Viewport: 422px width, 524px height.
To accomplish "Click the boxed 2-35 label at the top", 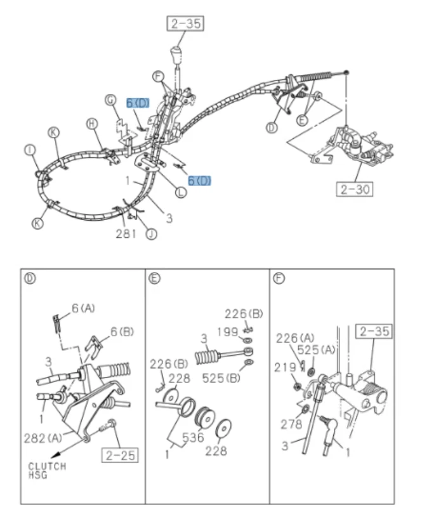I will (x=183, y=23).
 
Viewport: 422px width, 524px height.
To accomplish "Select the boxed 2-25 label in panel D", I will (x=122, y=455).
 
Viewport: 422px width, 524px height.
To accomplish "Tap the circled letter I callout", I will (x=29, y=150).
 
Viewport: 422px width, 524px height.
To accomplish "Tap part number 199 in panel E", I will (x=227, y=332).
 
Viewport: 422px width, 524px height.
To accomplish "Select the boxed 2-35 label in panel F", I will (x=374, y=331).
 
